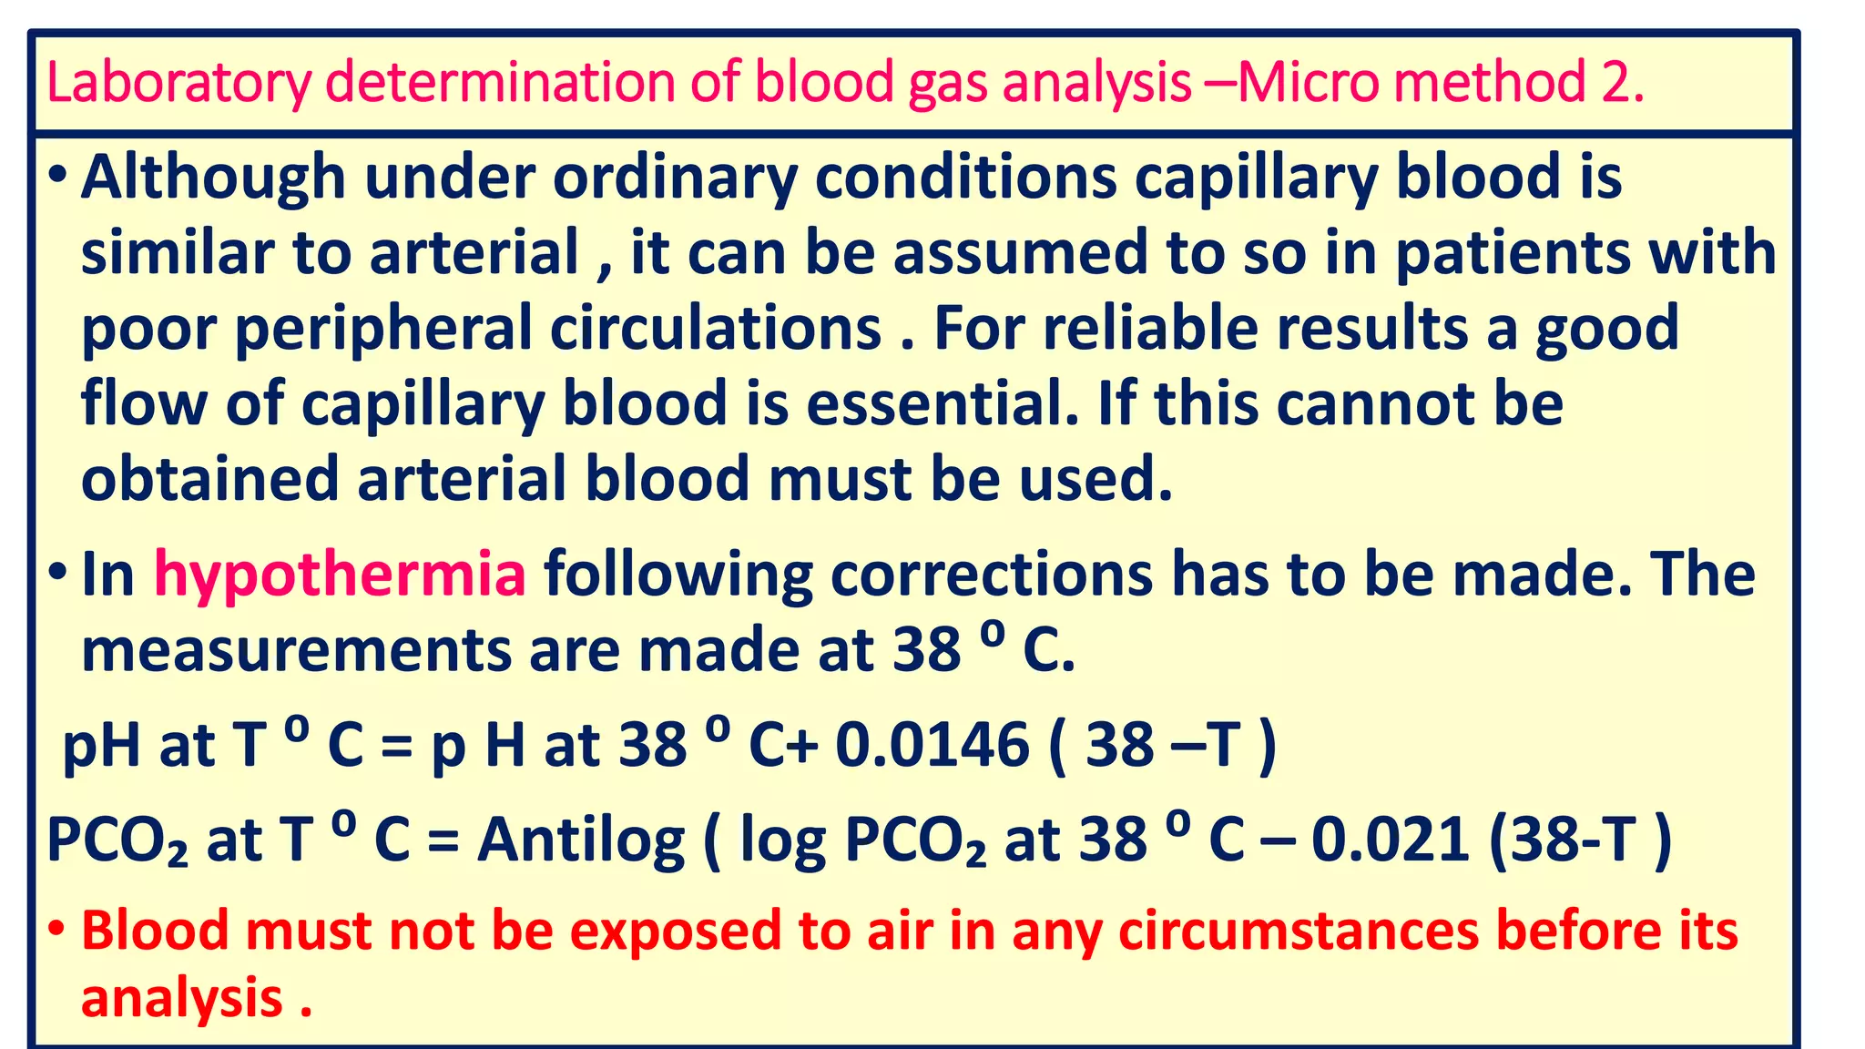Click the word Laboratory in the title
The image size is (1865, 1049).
[178, 83]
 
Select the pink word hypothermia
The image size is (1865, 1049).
[340, 575]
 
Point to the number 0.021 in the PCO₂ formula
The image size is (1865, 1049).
[1390, 840]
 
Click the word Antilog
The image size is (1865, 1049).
[581, 840]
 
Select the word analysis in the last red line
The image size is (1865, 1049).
[181, 998]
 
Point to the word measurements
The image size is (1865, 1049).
[296, 651]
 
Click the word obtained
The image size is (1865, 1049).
[209, 479]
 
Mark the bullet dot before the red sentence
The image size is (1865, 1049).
[56, 931]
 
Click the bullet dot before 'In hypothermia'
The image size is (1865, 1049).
[56, 574]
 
